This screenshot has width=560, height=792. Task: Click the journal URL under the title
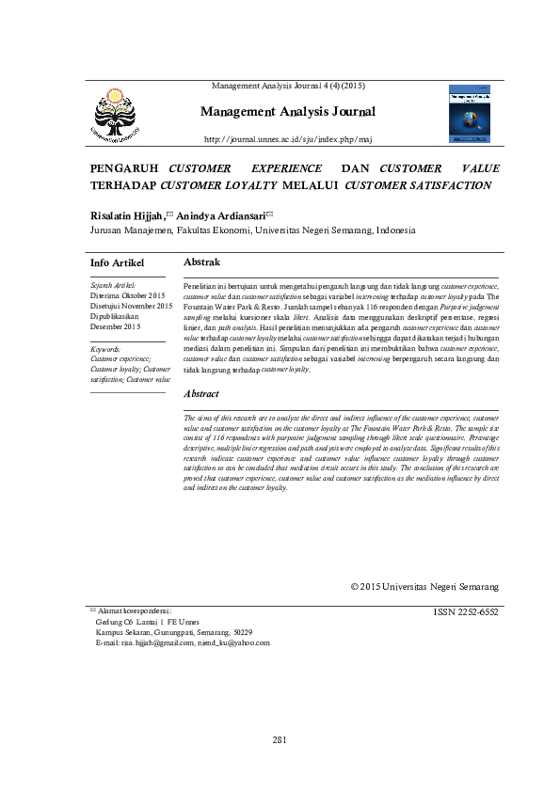click(288, 139)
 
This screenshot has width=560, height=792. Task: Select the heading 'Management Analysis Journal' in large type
click(288, 112)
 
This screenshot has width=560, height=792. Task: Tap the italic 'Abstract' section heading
click(201, 394)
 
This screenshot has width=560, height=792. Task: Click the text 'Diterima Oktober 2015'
click(127, 295)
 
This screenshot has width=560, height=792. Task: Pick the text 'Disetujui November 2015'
click(132, 306)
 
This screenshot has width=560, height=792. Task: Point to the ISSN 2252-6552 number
click(466, 611)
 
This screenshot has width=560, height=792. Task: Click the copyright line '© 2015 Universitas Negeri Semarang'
click(424, 586)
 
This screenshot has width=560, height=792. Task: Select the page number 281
click(280, 740)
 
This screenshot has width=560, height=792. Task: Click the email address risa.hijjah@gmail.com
click(156, 643)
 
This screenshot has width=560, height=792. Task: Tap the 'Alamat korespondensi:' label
click(135, 611)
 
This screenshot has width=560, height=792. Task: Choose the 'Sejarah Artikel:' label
click(113, 284)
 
